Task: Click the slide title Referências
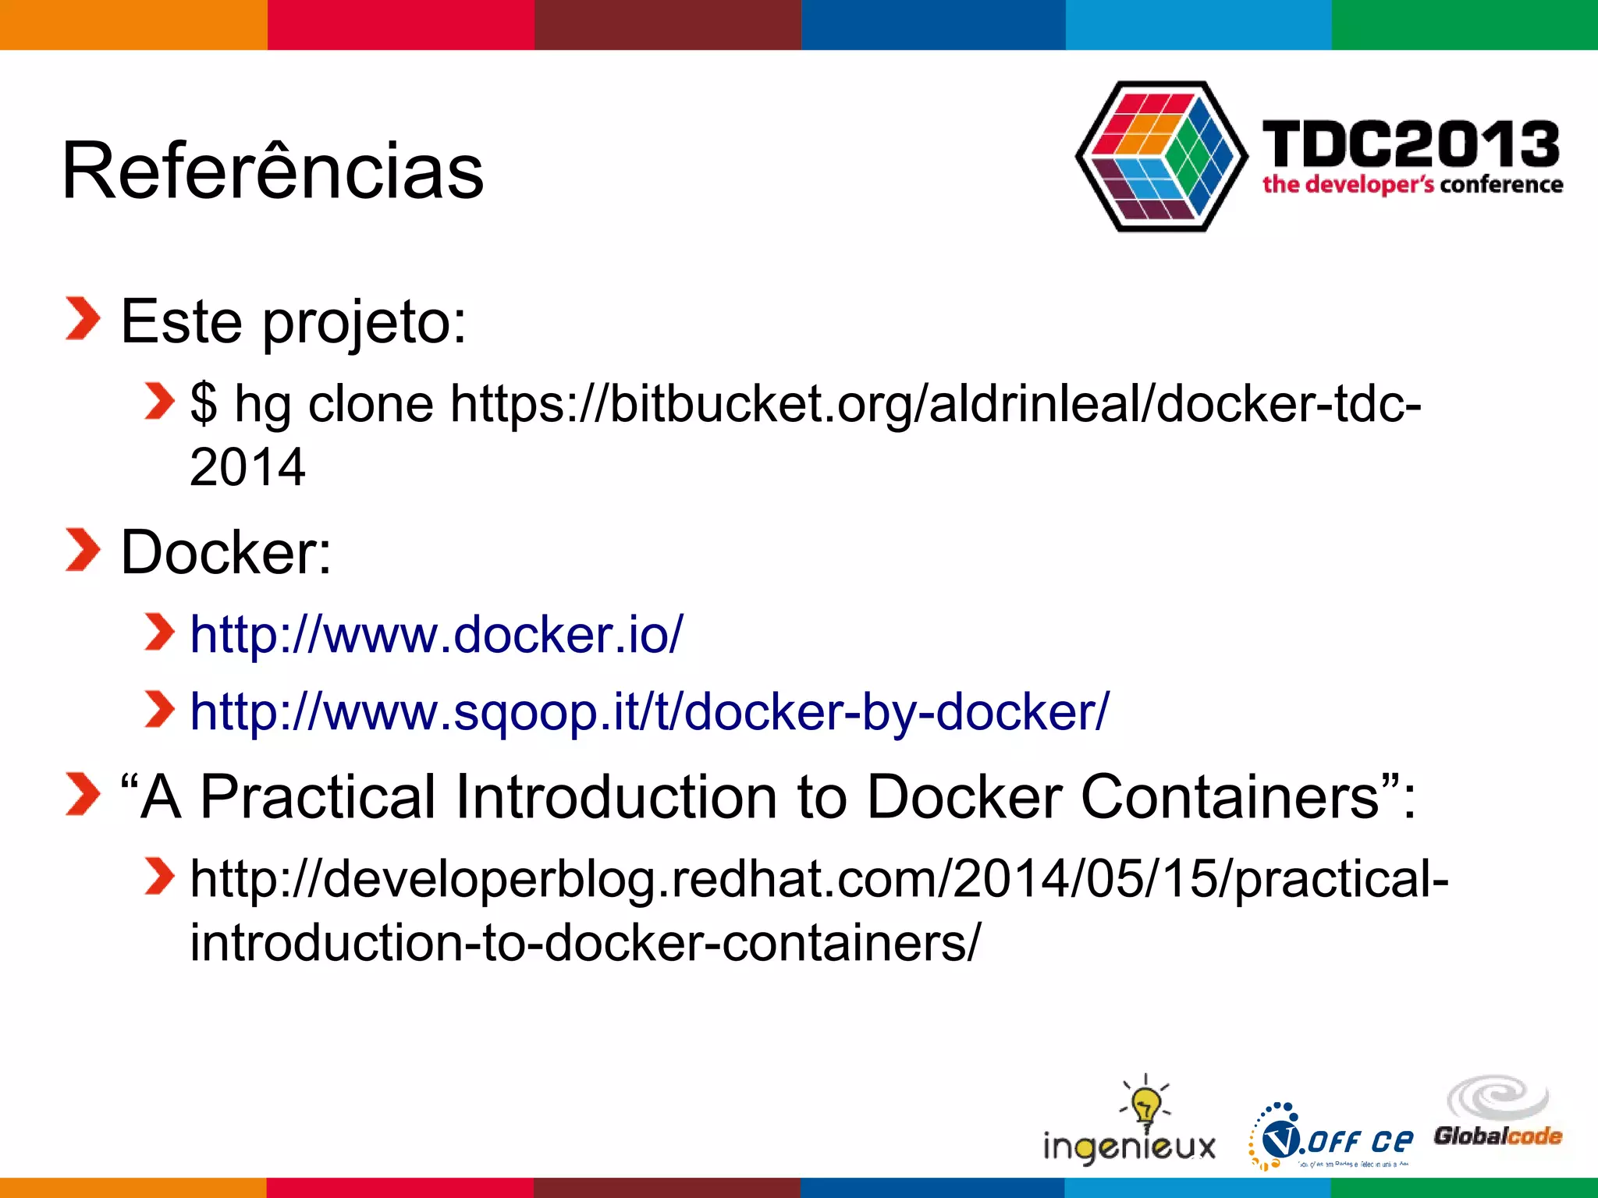pyautogui.click(x=272, y=171)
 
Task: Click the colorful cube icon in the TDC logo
pyautogui.click(x=1161, y=156)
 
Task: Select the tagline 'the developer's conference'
pyautogui.click(x=1412, y=185)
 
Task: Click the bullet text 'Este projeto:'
pyautogui.click(x=293, y=321)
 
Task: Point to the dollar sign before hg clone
pyautogui.click(x=204, y=404)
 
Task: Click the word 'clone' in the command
pyautogui.click(x=371, y=404)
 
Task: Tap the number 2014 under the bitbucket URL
pyautogui.click(x=247, y=467)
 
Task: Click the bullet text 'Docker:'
pyautogui.click(x=226, y=552)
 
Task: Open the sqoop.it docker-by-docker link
pyautogui.click(x=649, y=712)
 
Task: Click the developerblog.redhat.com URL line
pyautogui.click(x=819, y=879)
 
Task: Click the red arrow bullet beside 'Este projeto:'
pyautogui.click(x=83, y=319)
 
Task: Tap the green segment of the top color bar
pyautogui.click(x=1465, y=24)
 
